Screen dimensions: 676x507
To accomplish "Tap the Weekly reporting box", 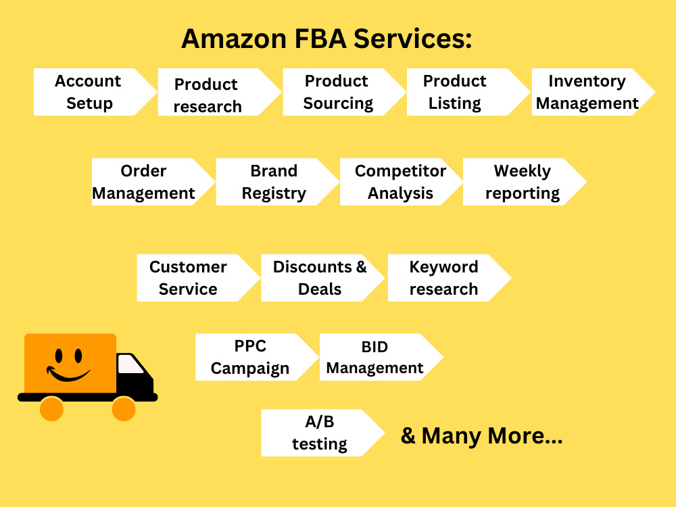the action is (525, 182).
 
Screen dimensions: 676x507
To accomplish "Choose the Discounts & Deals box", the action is (323, 278).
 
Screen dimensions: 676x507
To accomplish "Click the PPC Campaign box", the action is (257, 357).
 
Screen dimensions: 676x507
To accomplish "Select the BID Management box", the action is (381, 357).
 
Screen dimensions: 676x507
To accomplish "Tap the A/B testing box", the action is (323, 433).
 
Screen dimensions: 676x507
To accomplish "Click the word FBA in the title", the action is (320, 39).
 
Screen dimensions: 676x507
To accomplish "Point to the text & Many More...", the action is (481, 436).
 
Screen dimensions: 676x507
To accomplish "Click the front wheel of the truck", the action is (124, 409).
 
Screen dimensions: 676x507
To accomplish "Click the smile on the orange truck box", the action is (68, 375).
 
